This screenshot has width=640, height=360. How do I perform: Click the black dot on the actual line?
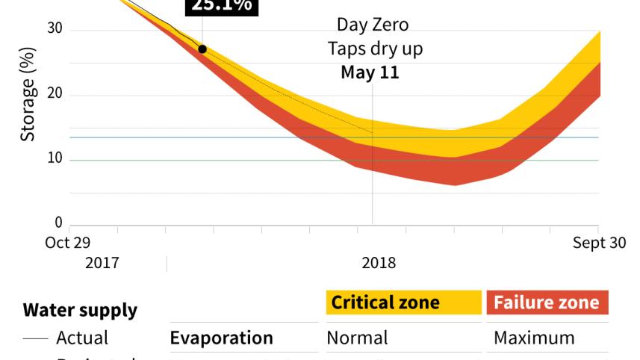pyautogui.click(x=202, y=49)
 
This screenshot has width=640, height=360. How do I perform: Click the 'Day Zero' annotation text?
pyautogui.click(x=373, y=25)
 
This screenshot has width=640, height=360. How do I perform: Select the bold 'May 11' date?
pyautogui.click(x=370, y=72)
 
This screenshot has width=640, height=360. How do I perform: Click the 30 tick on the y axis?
pyautogui.click(x=55, y=30)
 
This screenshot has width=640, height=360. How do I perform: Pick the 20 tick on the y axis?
pyautogui.click(x=55, y=95)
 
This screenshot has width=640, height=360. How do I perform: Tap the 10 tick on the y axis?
pyautogui.click(x=55, y=160)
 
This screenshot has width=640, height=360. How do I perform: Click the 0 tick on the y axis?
pyautogui.click(x=59, y=223)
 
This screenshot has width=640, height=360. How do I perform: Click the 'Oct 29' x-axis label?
pyautogui.click(x=68, y=243)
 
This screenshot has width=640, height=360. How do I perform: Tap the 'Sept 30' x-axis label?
pyautogui.click(x=600, y=243)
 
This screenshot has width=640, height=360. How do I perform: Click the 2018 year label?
pyautogui.click(x=379, y=264)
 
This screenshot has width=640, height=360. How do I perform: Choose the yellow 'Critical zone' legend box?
pyautogui.click(x=403, y=302)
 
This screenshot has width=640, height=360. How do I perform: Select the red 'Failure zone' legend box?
pyautogui.click(x=547, y=302)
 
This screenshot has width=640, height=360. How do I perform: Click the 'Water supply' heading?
pyautogui.click(x=80, y=310)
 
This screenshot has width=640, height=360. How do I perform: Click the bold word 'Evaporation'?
pyautogui.click(x=222, y=338)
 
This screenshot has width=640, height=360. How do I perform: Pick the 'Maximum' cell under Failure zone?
pyautogui.click(x=535, y=338)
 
